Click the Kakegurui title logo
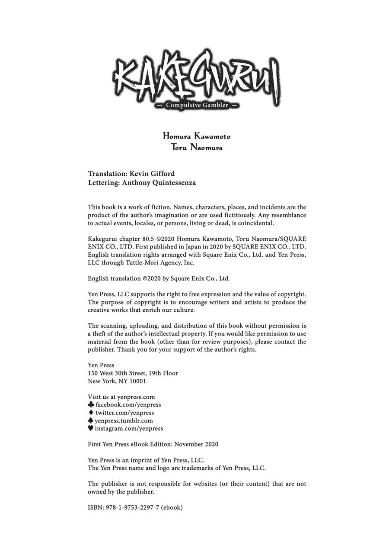(197, 78)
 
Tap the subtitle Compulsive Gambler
(197, 105)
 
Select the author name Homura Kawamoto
(197, 136)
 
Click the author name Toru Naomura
(197, 147)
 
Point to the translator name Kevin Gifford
(152, 174)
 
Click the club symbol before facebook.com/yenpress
(91, 404)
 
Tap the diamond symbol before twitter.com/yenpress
(91, 413)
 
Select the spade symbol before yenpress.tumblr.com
(90, 420)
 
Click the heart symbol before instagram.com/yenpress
(90, 428)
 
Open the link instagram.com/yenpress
(129, 429)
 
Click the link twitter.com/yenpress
(124, 413)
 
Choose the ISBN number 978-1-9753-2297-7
(132, 507)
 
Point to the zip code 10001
(138, 381)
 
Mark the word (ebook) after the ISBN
(172, 507)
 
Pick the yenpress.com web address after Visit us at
(136, 397)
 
